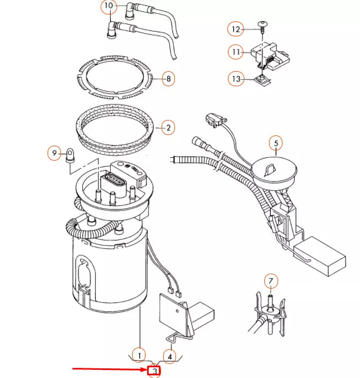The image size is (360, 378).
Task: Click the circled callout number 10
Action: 109,6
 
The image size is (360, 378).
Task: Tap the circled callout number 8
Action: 168,79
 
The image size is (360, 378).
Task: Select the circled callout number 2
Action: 168,127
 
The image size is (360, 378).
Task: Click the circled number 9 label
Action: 53,154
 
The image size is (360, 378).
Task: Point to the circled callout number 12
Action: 235,28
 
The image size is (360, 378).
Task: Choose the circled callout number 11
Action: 235,52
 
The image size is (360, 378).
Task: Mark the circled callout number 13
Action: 236,79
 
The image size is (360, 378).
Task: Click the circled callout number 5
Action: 276,143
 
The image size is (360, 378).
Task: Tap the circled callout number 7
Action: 271,281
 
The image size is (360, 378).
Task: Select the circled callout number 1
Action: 139,355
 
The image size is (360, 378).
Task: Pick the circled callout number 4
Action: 170,355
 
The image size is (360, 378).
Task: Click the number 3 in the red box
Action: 155,371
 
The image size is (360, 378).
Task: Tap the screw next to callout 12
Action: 262,26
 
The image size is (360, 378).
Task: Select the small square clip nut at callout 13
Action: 262,80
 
